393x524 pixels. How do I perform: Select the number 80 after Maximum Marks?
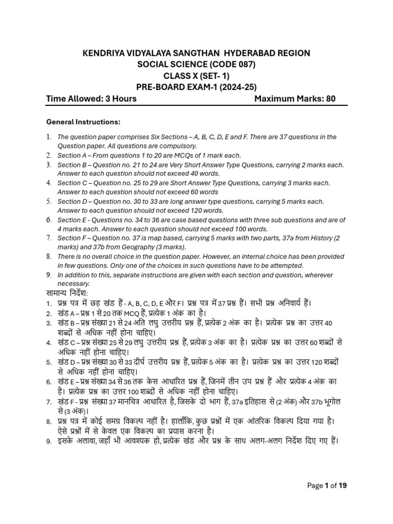click(x=330, y=98)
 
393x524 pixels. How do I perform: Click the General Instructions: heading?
click(x=83, y=122)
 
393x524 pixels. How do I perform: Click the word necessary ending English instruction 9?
click(x=73, y=283)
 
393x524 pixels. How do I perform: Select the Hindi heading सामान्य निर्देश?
click(x=67, y=293)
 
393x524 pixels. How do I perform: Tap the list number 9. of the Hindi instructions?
click(x=49, y=441)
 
